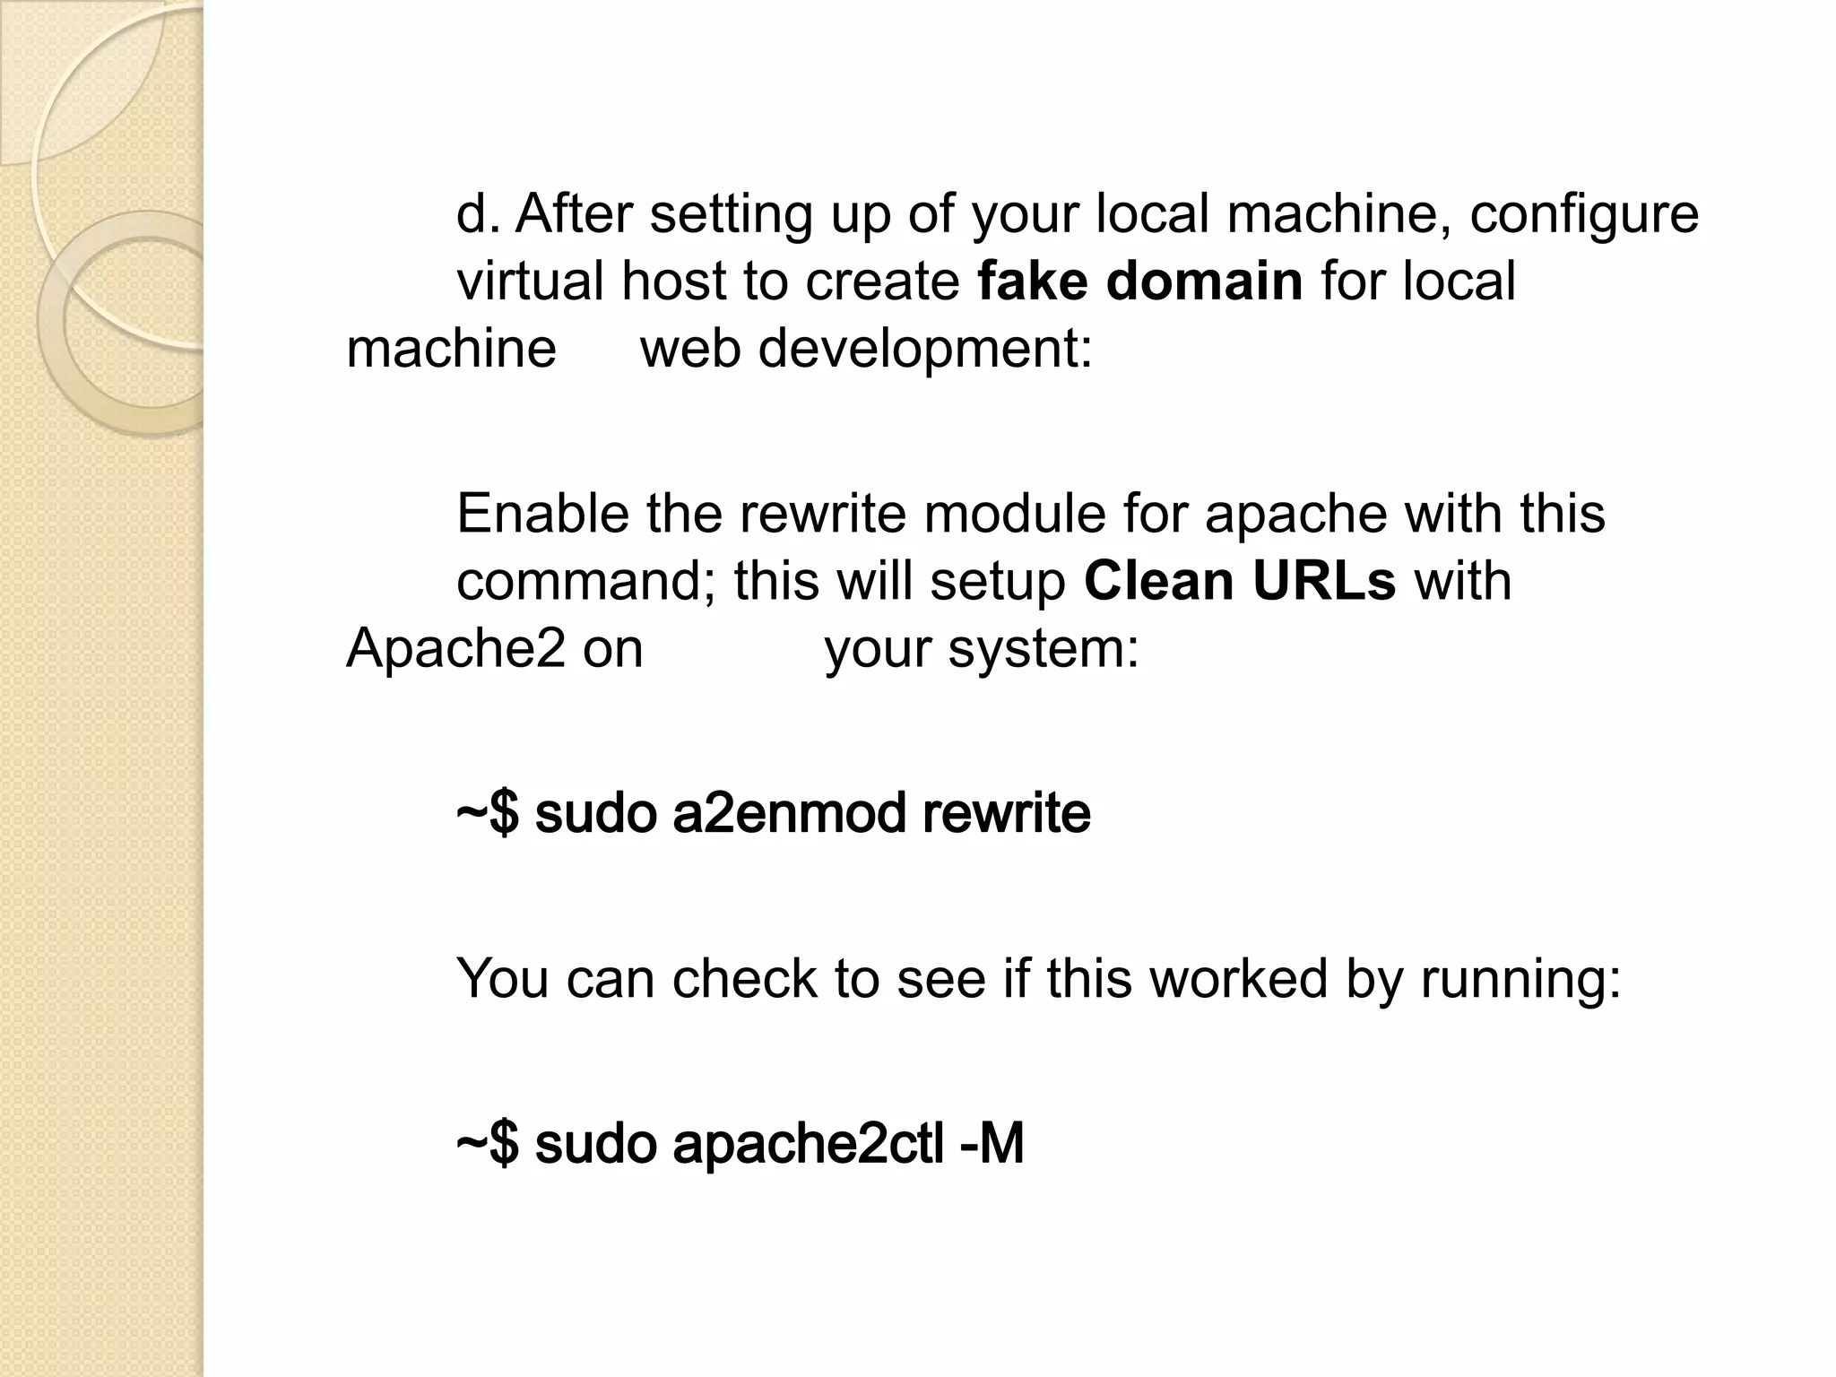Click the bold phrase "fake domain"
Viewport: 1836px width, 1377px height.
click(x=1139, y=281)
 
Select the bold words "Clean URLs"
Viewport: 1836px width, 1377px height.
click(x=1239, y=581)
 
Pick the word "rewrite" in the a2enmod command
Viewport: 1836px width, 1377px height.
click(x=1006, y=813)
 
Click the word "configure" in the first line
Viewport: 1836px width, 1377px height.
click(x=1583, y=215)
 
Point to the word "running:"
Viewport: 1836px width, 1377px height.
click(x=1520, y=979)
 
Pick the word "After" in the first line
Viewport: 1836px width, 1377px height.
click(x=574, y=215)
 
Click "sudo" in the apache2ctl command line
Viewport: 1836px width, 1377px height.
click(x=595, y=1145)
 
